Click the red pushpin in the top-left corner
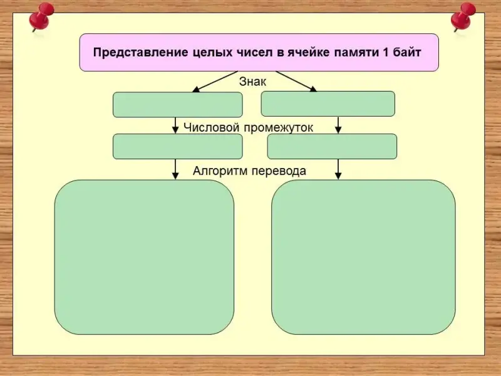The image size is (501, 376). click(x=41, y=18)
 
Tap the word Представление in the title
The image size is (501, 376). click(x=140, y=53)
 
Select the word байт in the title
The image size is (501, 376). click(x=406, y=53)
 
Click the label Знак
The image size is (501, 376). click(x=253, y=81)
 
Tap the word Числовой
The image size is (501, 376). click(x=212, y=127)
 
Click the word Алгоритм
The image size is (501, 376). click(x=220, y=170)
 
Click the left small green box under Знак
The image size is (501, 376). click(x=177, y=105)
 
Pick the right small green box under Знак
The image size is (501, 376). click(x=328, y=103)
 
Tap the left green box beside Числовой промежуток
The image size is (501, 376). click(x=177, y=146)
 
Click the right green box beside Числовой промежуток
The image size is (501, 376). click(x=332, y=146)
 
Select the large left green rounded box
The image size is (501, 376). click(x=144, y=257)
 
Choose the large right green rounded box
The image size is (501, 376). click(x=363, y=257)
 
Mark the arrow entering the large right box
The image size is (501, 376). click(x=338, y=169)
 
